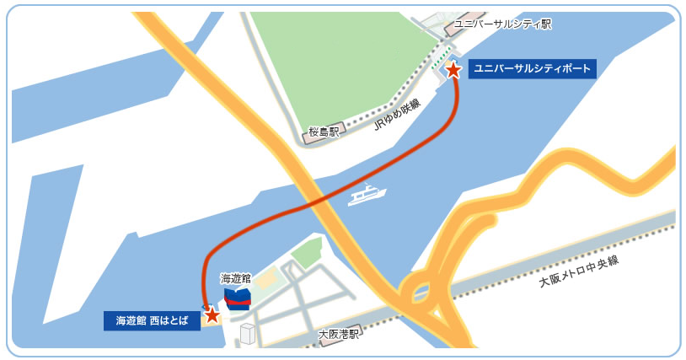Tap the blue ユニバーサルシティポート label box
click(532, 69)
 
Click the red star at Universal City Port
click(453, 70)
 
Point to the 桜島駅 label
click(323, 132)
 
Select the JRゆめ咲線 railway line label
click(395, 116)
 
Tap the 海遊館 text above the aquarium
click(235, 278)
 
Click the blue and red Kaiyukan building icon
click(238, 298)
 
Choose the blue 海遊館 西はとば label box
click(152, 320)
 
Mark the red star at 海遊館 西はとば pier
click(212, 315)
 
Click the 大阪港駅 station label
click(339, 335)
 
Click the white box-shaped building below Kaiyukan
click(247, 334)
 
